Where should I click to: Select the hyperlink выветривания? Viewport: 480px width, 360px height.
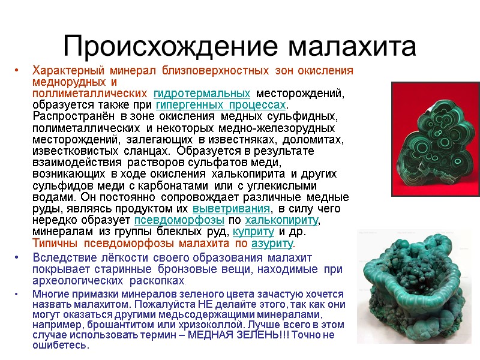pyautogui.click(x=231, y=208)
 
